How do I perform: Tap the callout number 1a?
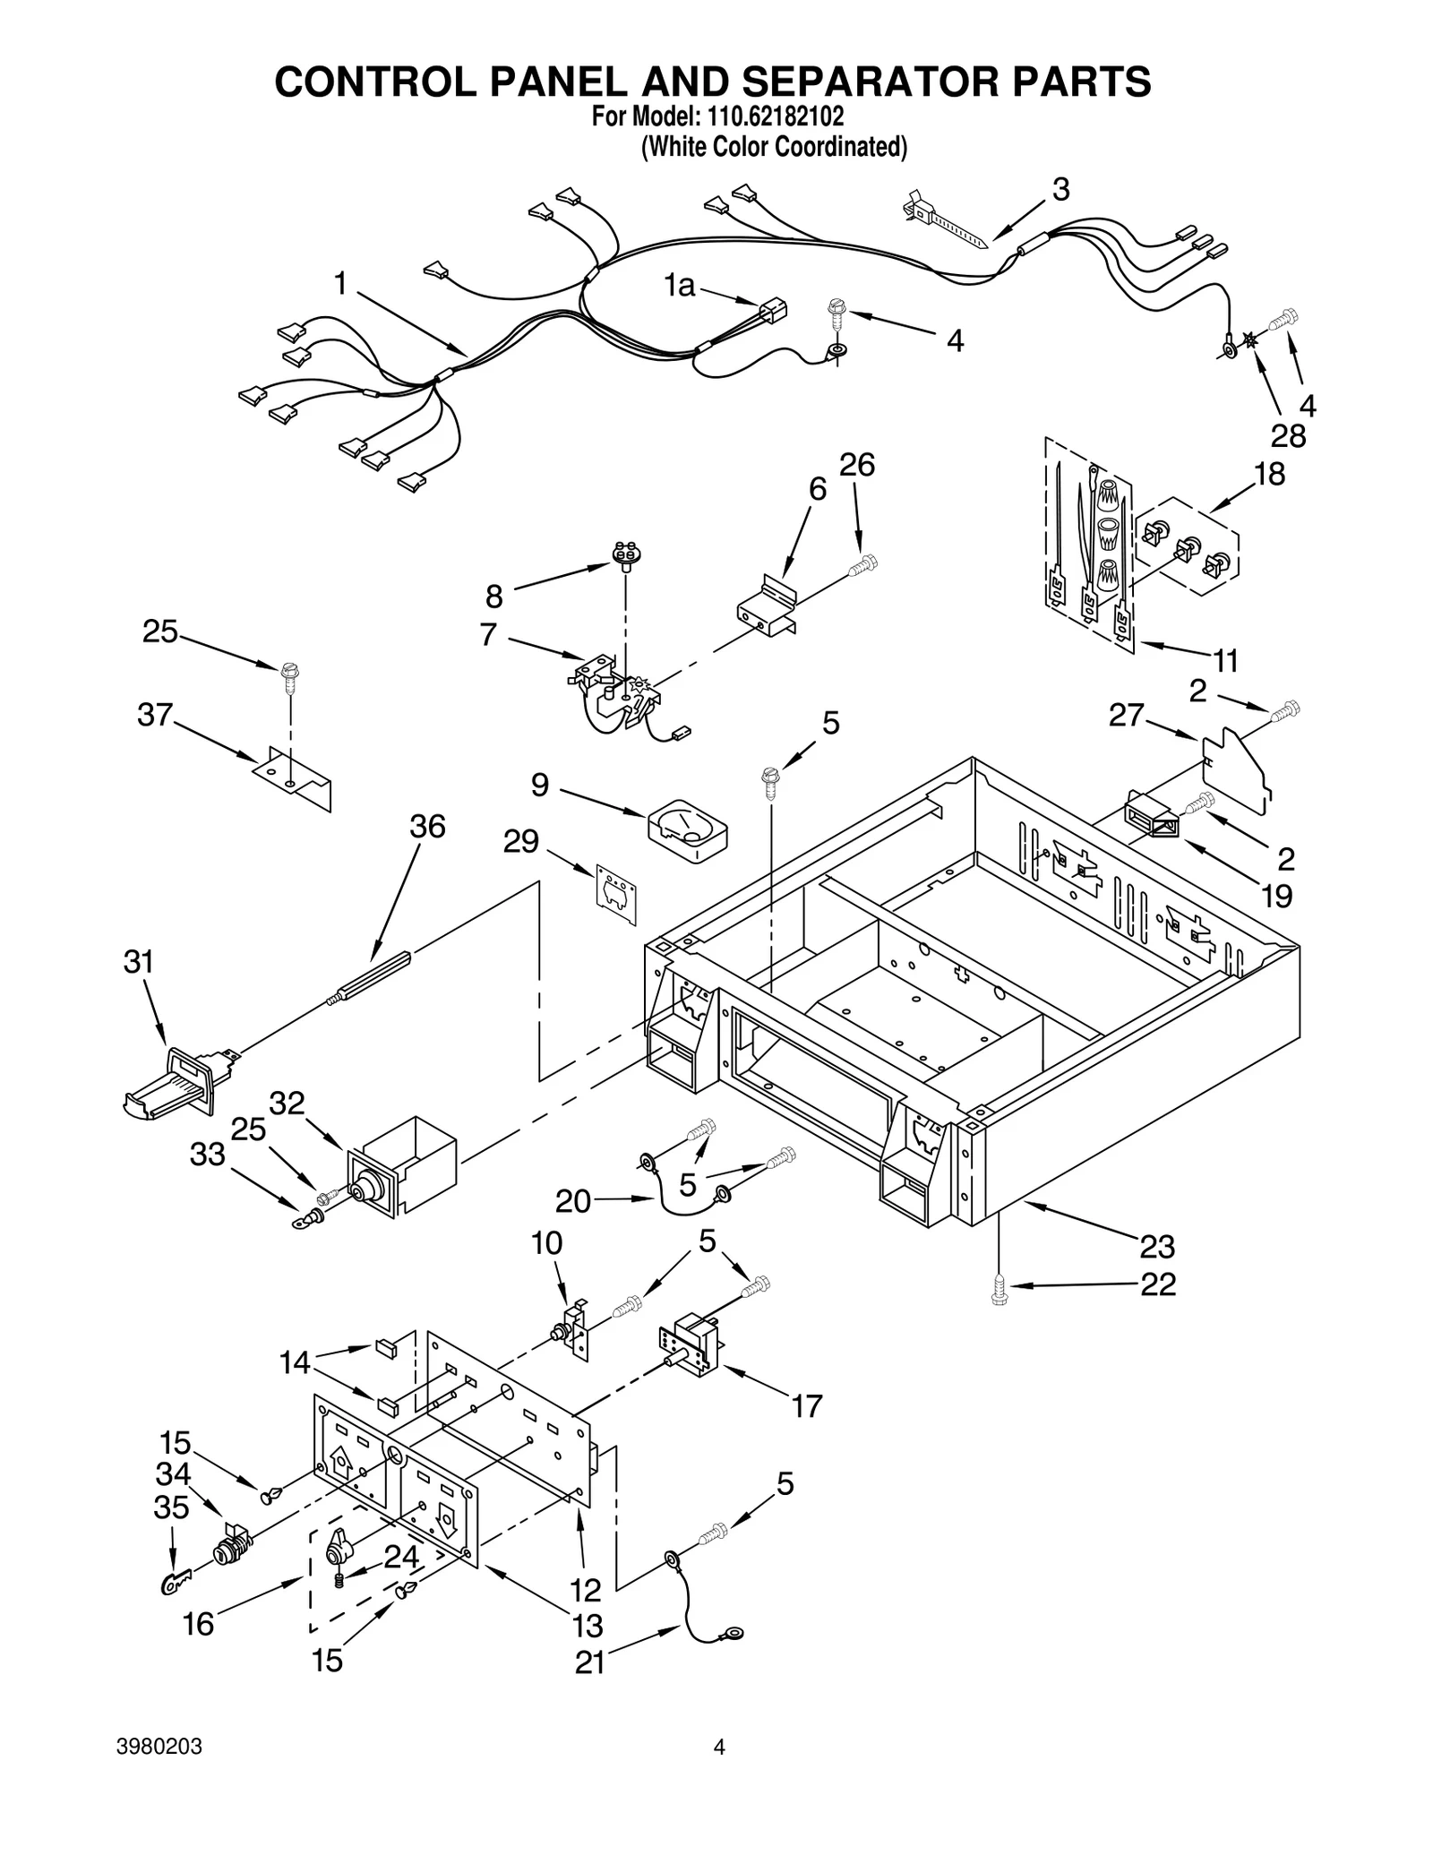(680, 286)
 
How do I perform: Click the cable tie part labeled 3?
(944, 220)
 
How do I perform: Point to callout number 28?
(1288, 436)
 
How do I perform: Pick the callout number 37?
(155, 715)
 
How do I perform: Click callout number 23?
(1157, 1246)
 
